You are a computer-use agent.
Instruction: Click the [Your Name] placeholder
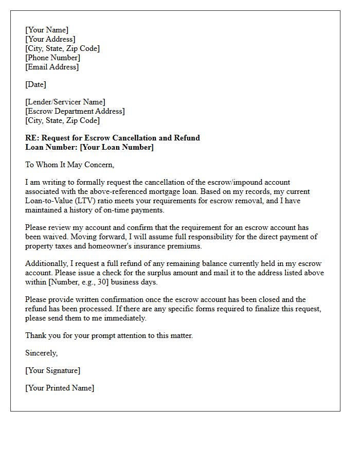point(47,30)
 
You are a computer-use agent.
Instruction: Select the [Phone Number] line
point(52,58)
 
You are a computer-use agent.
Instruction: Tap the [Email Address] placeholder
point(52,67)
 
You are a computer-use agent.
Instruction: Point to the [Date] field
point(35,84)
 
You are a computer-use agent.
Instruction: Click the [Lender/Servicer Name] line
point(65,102)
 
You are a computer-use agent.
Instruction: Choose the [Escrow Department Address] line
point(75,111)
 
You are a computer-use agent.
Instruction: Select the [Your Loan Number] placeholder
point(117,147)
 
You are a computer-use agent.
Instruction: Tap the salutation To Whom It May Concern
point(69,165)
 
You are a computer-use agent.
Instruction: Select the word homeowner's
point(117,246)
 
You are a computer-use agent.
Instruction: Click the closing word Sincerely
point(41,353)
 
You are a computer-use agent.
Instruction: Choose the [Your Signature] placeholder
point(52,370)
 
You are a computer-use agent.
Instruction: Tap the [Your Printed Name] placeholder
point(60,388)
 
